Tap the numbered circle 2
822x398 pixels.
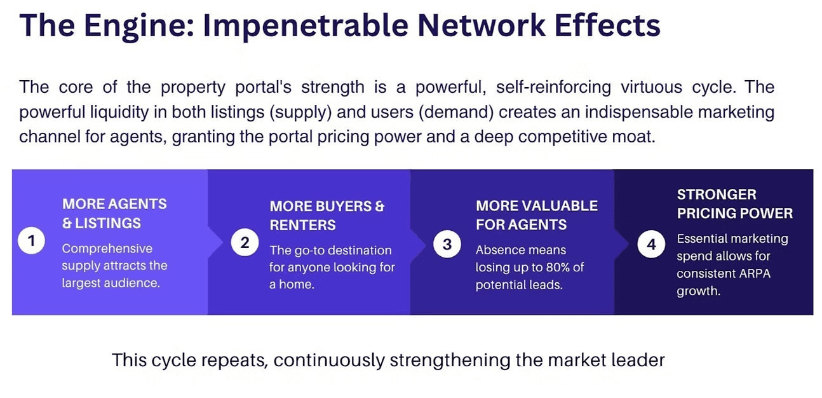[245, 242]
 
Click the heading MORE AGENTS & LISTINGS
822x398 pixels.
[114, 214]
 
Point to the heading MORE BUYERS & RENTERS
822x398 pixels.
[327, 216]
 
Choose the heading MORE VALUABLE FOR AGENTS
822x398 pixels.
[536, 215]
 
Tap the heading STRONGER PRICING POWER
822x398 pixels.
[734, 204]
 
